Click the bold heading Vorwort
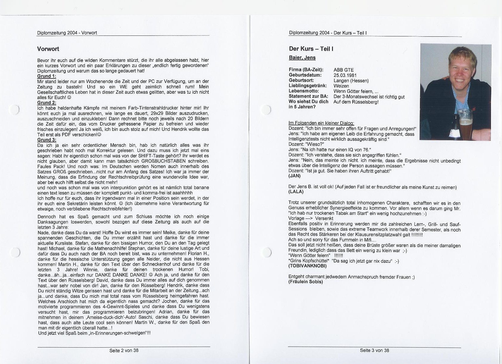[x=48, y=49]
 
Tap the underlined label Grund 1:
[x=47, y=76]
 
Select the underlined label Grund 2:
[x=47, y=103]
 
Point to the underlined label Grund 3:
[x=47, y=140]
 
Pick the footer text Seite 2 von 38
[x=124, y=351]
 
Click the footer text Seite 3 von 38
[x=374, y=351]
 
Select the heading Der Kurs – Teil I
[x=311, y=49]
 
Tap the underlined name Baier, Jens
[x=302, y=58]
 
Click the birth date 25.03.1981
[x=345, y=75]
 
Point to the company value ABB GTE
[x=344, y=70]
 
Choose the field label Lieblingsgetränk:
[x=308, y=86]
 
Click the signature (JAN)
[x=294, y=176]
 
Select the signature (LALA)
[x=296, y=192]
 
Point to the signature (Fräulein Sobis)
[x=306, y=282]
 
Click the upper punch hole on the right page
[x=265, y=110]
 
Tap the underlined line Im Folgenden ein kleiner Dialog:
[x=321, y=123]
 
